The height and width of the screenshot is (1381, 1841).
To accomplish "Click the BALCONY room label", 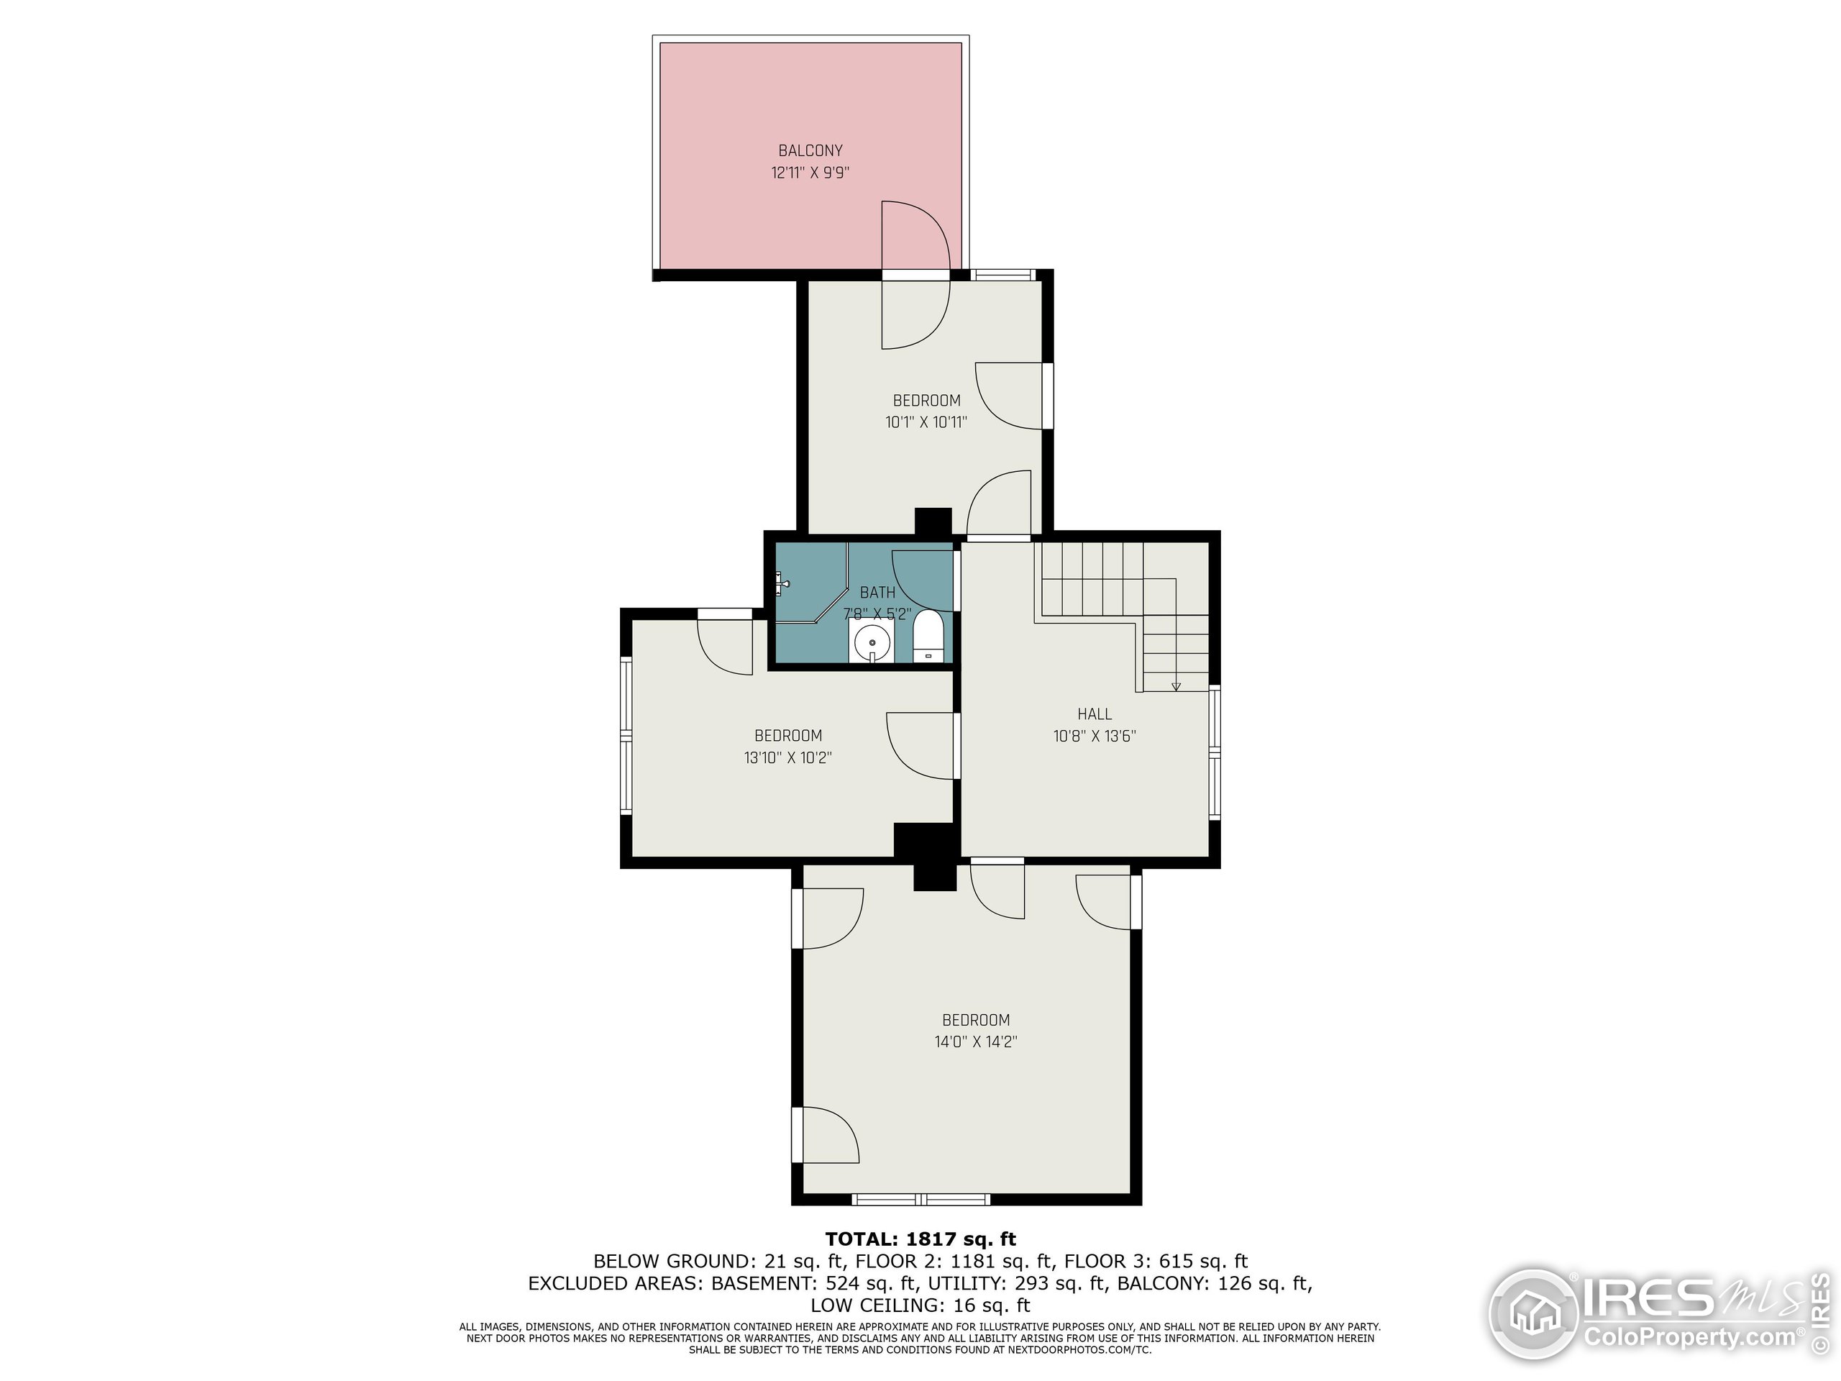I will (x=810, y=150).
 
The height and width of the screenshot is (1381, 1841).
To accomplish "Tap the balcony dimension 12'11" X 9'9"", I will (x=810, y=173).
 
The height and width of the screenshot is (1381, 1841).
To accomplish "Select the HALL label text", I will (x=1094, y=714).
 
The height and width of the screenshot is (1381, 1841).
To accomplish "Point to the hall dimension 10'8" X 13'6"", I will (x=1094, y=736).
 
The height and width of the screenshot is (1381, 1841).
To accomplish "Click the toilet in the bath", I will (x=928, y=637).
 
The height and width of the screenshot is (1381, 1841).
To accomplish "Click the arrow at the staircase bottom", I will (x=1175, y=686).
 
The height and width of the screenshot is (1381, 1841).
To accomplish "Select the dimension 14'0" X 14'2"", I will (x=975, y=1042).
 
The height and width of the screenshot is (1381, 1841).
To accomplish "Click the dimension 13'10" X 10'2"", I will (x=787, y=757).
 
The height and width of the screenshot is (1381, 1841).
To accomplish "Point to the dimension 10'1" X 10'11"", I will (x=926, y=422).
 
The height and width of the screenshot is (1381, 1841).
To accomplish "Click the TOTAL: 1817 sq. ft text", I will (x=920, y=1239).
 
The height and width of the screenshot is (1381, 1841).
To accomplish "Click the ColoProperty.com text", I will (x=1689, y=1337).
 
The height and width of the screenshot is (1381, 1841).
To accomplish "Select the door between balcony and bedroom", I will (x=915, y=275).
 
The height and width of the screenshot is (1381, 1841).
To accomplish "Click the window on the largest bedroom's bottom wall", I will (x=920, y=1200).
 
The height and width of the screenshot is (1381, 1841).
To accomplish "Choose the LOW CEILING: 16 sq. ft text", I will (x=920, y=1305).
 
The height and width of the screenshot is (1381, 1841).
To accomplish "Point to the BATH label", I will (x=877, y=593).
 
